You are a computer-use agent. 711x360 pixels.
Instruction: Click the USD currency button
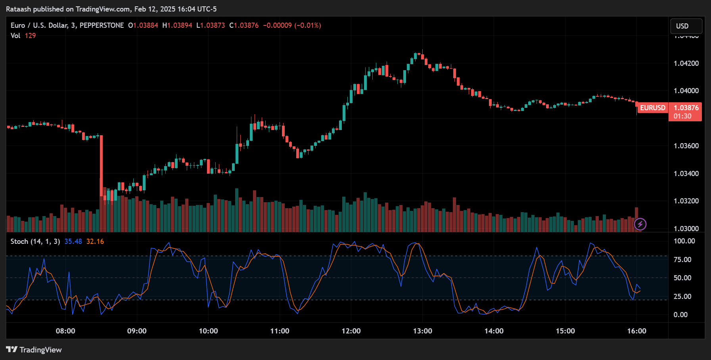coord(686,26)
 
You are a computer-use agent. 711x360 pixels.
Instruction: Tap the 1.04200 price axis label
coord(686,63)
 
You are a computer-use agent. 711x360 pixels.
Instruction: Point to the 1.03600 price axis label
coord(686,146)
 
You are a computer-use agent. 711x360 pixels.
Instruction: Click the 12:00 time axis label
coord(351,331)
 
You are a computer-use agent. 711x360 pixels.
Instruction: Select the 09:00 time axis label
coord(137,331)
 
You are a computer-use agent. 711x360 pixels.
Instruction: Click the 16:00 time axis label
coord(636,331)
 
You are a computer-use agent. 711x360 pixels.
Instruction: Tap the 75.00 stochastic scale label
coord(682,260)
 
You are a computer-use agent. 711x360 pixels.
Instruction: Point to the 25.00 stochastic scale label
coord(682,297)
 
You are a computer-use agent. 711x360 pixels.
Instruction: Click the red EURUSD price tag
coord(653,108)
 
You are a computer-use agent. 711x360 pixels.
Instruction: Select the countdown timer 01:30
coord(682,116)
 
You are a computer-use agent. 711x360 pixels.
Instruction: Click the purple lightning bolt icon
coord(640,224)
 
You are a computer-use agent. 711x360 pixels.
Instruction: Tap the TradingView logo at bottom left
coord(34,350)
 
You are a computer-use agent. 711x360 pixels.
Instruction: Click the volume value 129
coord(30,36)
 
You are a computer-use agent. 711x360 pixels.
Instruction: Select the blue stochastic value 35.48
coord(73,241)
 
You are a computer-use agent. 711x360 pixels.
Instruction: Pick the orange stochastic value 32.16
coord(95,241)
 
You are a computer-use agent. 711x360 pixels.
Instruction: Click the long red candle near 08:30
coord(101,167)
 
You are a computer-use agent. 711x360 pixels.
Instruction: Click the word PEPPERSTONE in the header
coord(102,25)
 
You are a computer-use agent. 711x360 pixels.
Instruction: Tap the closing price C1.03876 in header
coord(244,25)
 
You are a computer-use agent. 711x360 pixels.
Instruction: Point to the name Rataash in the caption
coord(18,9)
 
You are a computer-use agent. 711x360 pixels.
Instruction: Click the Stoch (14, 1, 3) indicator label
coord(35,241)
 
